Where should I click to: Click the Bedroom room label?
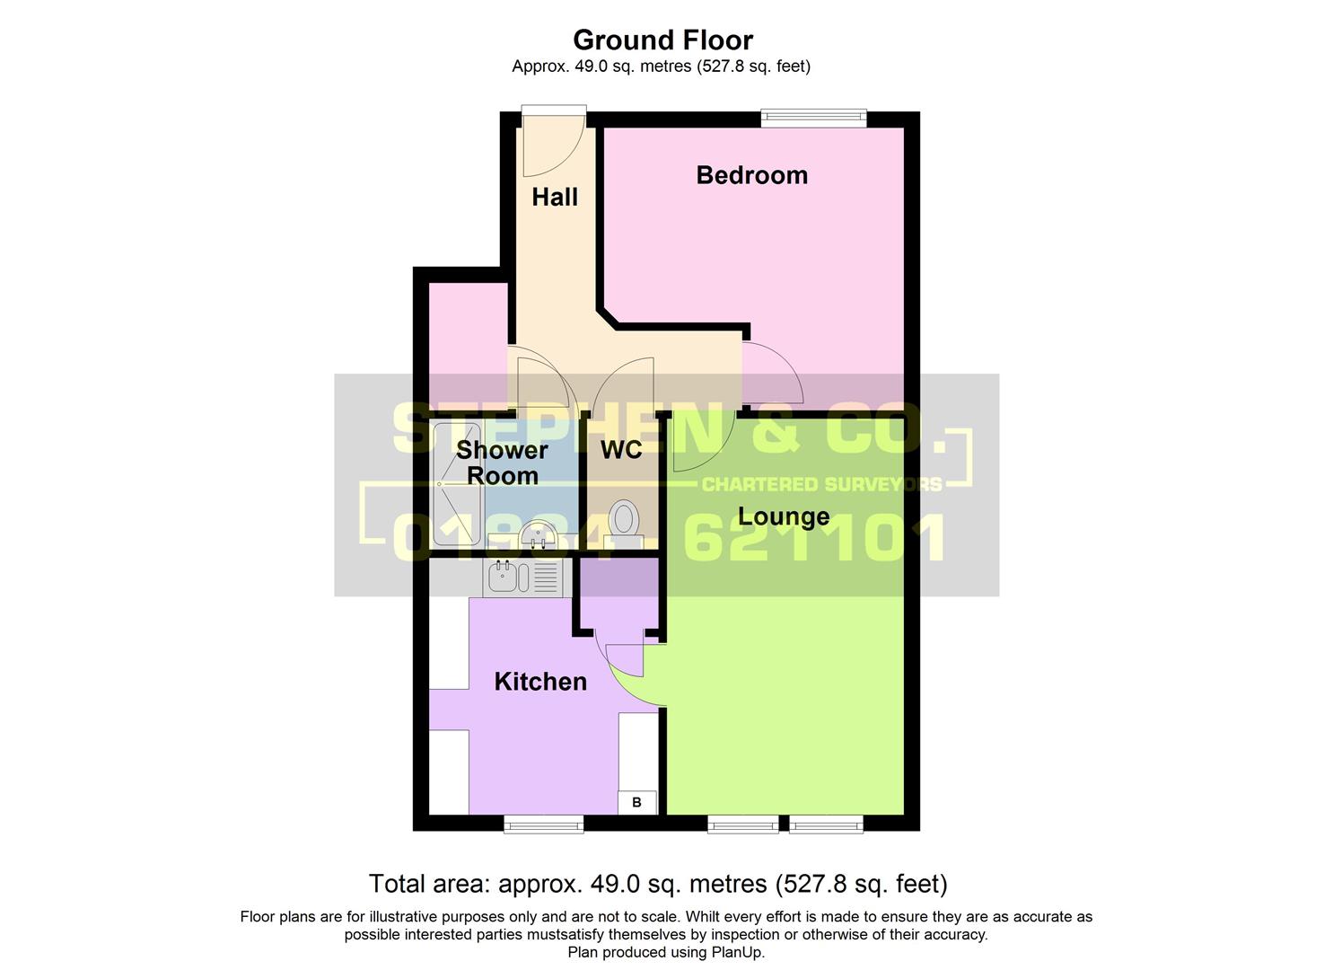(x=751, y=175)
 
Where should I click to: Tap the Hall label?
(x=554, y=198)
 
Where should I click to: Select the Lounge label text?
(x=784, y=517)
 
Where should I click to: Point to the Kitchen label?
(x=540, y=682)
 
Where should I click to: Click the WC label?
(x=621, y=450)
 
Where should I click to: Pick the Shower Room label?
(x=502, y=463)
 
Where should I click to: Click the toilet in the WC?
(x=624, y=521)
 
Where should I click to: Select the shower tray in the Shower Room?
(x=457, y=485)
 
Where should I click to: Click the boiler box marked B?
(x=637, y=802)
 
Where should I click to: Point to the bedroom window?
(x=813, y=116)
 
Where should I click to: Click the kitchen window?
(x=543, y=824)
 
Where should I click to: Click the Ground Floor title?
(x=662, y=40)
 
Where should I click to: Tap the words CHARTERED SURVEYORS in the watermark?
(x=821, y=485)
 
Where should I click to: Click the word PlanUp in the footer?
(x=737, y=952)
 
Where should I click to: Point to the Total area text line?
(x=658, y=884)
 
